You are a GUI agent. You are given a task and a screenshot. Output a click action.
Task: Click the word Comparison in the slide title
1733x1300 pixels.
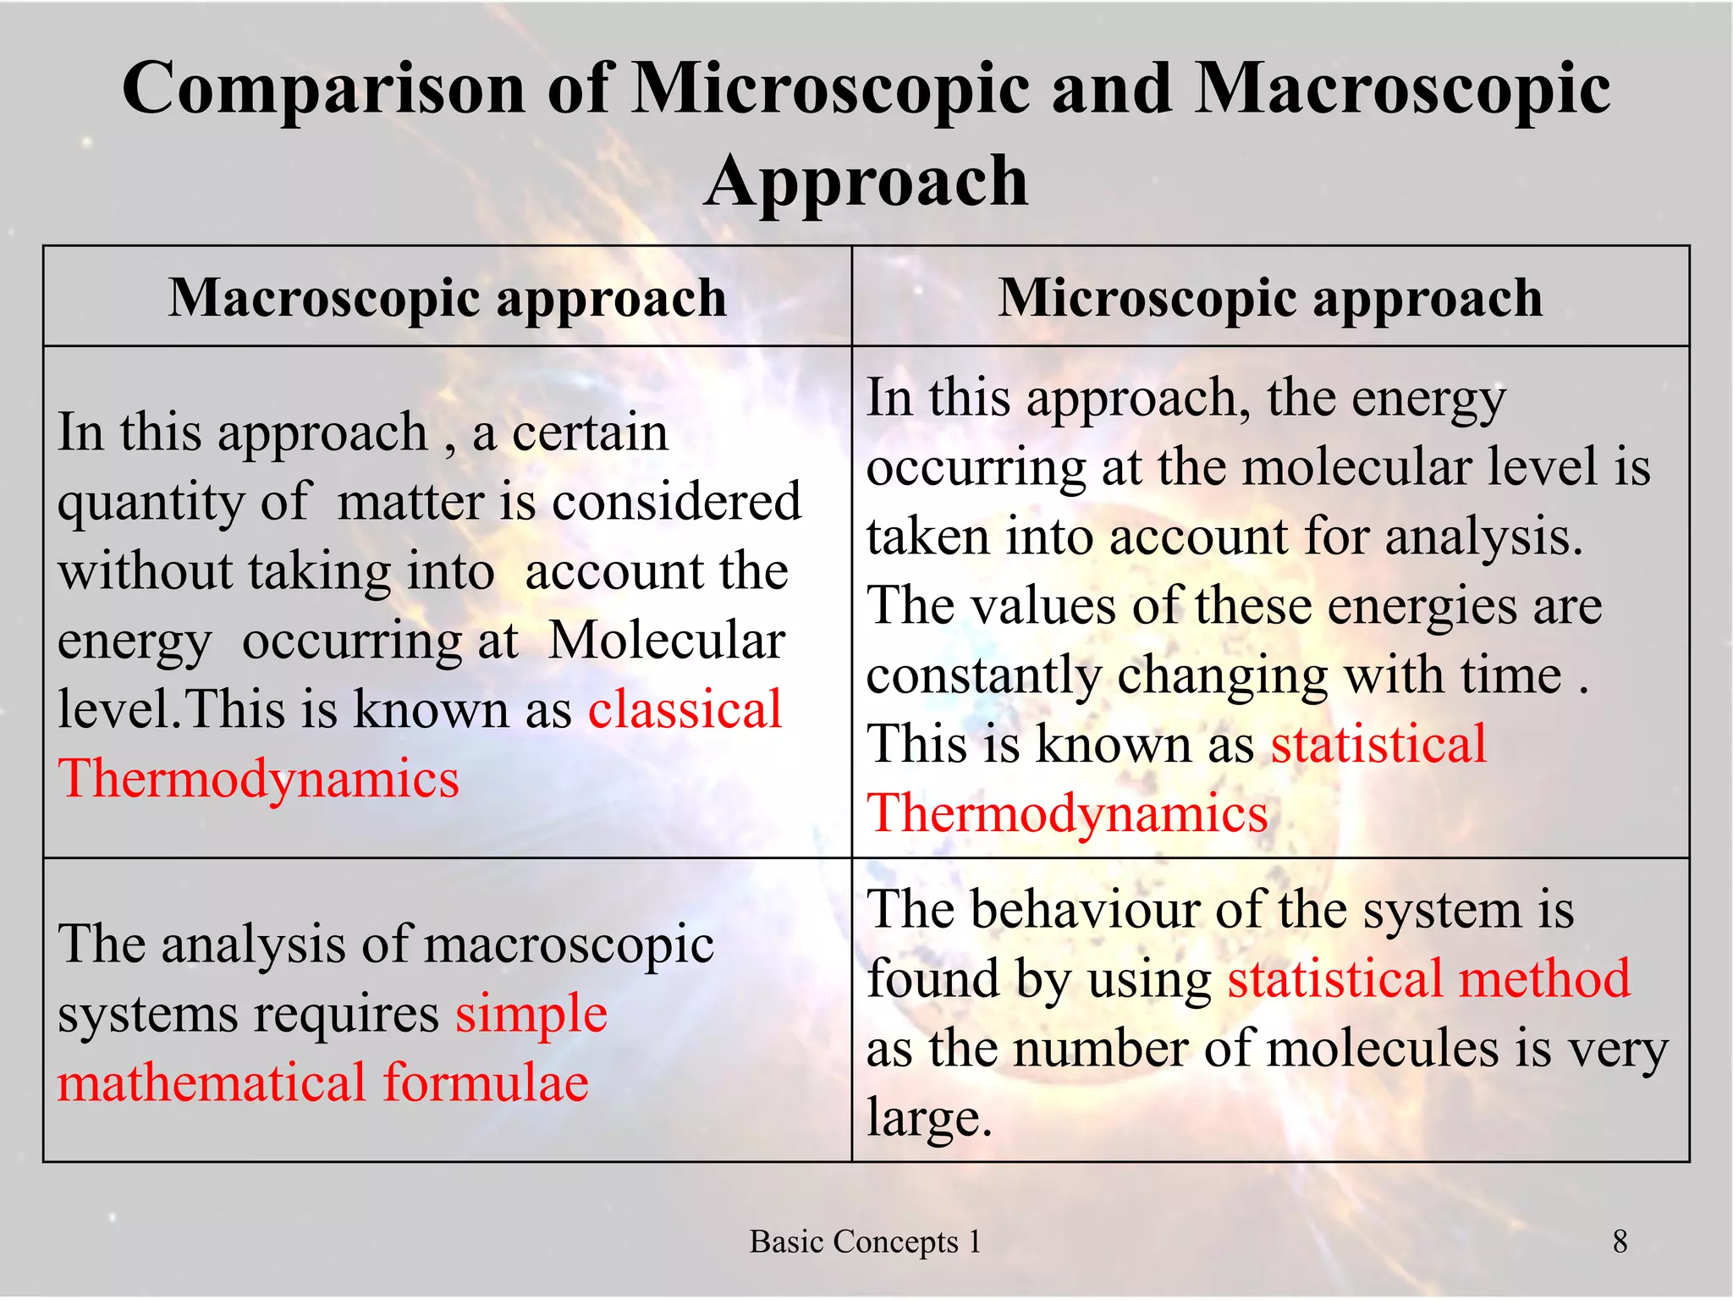coord(323,90)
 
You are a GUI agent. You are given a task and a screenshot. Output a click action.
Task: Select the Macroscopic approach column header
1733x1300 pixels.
coord(448,298)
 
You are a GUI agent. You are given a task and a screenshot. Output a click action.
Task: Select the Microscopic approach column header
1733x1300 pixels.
coord(1270,298)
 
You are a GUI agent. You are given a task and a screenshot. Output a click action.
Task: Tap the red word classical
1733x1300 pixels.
coord(685,709)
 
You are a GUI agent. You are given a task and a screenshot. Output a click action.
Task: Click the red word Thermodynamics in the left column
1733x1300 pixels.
coord(258,779)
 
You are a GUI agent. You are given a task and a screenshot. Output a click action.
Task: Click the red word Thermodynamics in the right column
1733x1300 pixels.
coord(1067,813)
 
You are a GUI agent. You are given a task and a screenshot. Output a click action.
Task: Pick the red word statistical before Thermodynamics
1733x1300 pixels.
coord(1378,744)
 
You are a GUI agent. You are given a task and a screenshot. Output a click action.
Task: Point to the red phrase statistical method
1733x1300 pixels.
coord(1428,978)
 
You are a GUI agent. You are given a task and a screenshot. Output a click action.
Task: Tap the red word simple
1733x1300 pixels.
coord(531,1013)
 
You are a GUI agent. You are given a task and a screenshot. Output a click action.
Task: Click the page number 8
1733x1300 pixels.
coord(1620,1242)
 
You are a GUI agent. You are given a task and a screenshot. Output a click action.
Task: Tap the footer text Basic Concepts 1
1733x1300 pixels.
coord(865,1242)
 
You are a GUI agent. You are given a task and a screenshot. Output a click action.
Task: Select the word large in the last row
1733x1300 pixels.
coord(928,1118)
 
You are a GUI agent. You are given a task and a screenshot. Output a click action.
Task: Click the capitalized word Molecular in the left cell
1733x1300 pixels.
coord(667,641)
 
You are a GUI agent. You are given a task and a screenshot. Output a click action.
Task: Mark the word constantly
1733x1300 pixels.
coord(983,675)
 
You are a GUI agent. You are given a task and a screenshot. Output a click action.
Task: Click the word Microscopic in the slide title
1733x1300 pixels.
coord(832,90)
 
